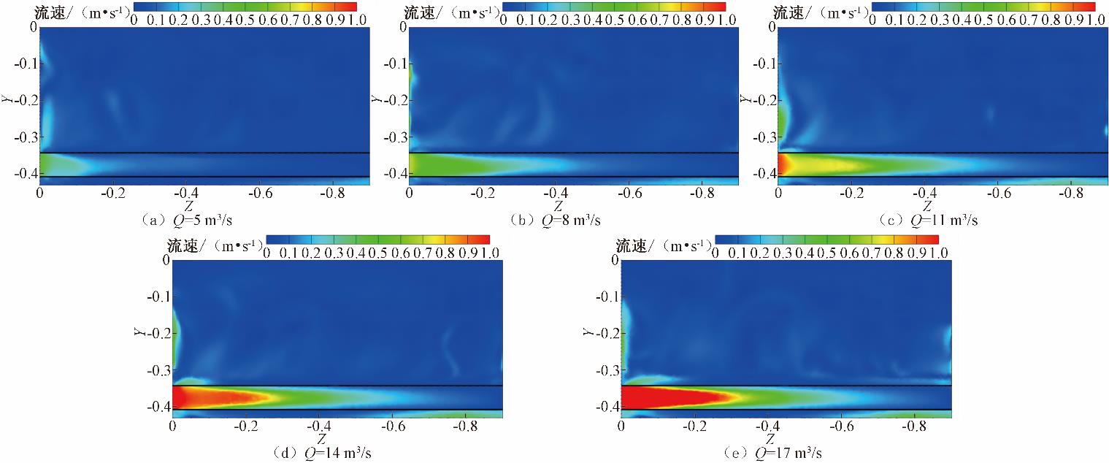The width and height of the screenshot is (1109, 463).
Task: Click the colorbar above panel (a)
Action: (x=245, y=7)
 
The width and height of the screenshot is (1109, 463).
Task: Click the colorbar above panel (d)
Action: (x=377, y=240)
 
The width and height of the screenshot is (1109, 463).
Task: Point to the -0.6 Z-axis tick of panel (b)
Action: (x=629, y=192)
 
